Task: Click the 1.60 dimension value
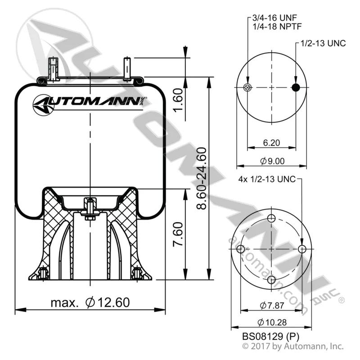[178, 100]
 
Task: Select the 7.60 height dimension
[178, 234]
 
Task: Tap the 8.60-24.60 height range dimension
[202, 178]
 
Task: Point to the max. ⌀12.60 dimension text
[90, 302]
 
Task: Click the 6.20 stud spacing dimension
[271, 143]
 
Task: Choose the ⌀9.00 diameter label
[272, 161]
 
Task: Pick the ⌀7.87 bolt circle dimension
[272, 306]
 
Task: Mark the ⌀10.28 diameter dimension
[272, 322]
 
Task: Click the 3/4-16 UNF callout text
[274, 18]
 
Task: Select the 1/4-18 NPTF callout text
[277, 27]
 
